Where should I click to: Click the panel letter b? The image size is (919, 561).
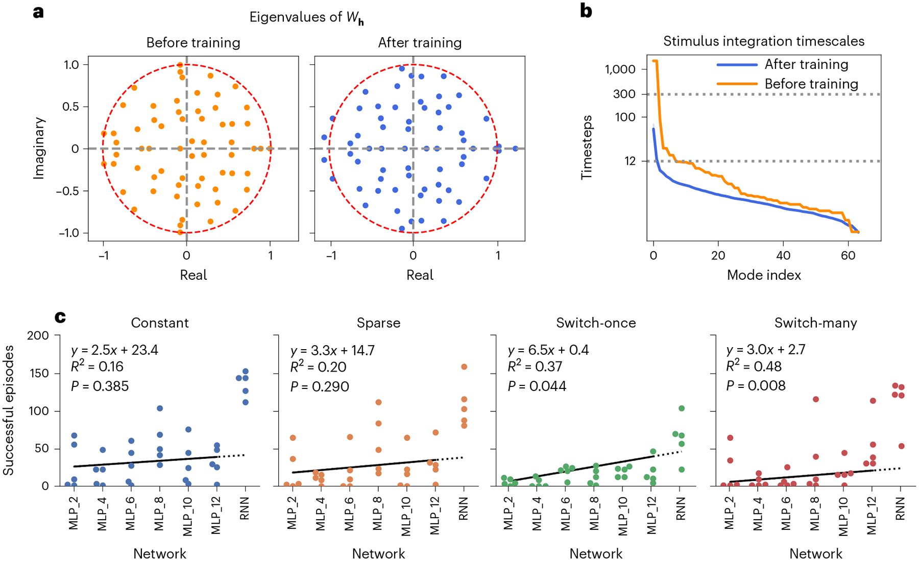pos(586,11)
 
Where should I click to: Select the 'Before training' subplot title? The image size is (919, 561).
pos(193,42)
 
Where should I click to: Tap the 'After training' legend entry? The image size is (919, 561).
pos(806,64)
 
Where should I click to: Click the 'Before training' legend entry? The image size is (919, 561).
pos(811,84)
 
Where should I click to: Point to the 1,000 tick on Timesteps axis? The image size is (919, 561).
pos(620,69)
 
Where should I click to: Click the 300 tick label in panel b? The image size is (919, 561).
pos(624,94)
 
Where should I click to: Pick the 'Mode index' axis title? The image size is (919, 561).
pos(763,275)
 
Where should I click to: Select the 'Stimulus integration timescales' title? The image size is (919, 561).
pos(763,41)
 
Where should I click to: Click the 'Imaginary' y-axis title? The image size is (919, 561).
pos(39,148)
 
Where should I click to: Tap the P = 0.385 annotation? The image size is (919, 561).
pos(100,386)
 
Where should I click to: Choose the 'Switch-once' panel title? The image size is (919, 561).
pos(596,323)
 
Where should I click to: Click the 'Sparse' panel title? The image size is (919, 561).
pos(378,323)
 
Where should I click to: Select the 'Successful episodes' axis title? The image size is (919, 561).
pos(9,410)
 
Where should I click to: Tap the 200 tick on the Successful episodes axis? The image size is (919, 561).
pos(38,335)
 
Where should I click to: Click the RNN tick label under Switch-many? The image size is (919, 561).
pos(900,509)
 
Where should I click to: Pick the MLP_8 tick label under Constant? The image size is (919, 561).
pos(159,515)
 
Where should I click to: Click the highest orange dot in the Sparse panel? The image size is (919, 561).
pos(464,367)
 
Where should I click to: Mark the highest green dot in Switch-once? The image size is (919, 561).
pos(682,408)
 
